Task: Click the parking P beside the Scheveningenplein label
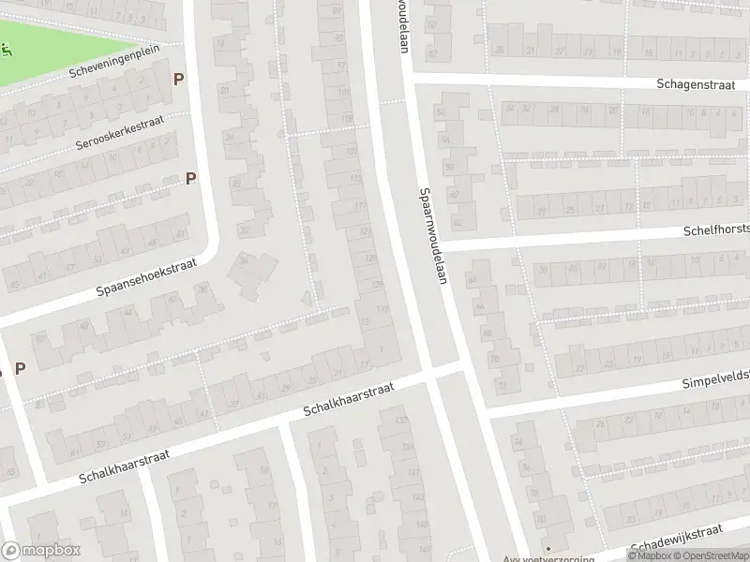[x=177, y=80]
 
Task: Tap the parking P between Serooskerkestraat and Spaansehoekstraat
[x=190, y=178]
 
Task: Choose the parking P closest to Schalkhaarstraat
[x=19, y=368]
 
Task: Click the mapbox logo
[x=39, y=552]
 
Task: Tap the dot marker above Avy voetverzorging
[x=549, y=548]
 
